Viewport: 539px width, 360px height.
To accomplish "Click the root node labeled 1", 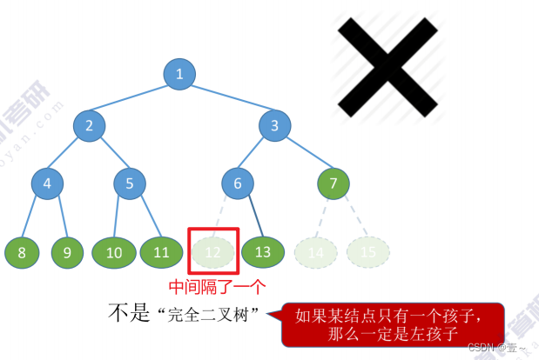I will click(x=179, y=74).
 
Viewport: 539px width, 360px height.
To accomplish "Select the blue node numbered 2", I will click(x=89, y=126).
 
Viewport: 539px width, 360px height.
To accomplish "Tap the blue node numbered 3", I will click(x=274, y=126).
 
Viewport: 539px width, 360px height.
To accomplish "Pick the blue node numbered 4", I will click(x=47, y=183).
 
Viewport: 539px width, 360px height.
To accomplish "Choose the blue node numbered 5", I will click(x=130, y=183).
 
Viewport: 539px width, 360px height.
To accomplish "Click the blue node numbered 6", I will click(x=237, y=183).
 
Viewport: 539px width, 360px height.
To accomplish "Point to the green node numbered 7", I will click(x=333, y=183).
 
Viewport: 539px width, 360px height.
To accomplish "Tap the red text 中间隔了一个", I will click(x=216, y=285).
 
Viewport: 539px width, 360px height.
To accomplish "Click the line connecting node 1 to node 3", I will click(x=228, y=100).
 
